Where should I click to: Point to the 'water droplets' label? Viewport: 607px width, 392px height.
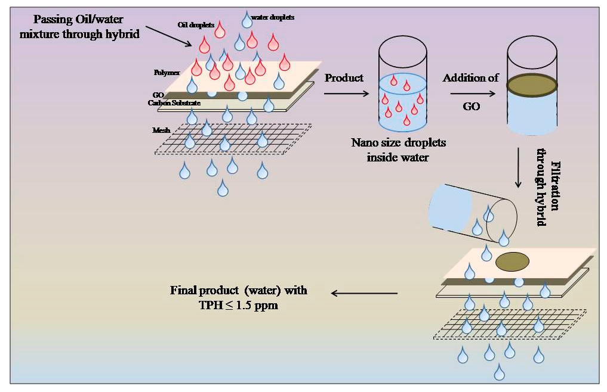[274, 18]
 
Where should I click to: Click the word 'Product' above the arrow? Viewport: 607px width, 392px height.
[344, 78]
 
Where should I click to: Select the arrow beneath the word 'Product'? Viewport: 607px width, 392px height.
[346, 93]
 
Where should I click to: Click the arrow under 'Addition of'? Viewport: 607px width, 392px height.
[474, 93]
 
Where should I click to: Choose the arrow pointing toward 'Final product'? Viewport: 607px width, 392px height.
[364, 293]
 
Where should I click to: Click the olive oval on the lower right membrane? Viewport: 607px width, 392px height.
[512, 261]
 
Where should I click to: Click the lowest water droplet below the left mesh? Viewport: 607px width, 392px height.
[223, 189]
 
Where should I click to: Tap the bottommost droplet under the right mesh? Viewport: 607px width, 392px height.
[499, 372]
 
